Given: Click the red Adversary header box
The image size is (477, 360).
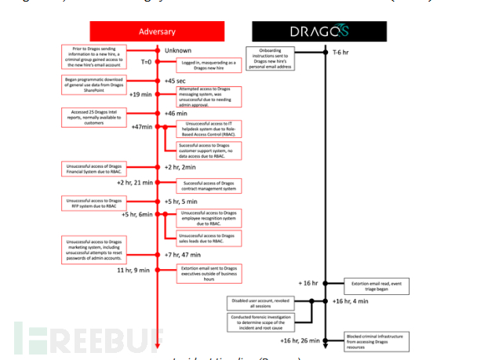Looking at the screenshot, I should pyautogui.click(x=157, y=31).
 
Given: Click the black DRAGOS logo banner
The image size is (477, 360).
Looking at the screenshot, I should pyautogui.click(x=319, y=31).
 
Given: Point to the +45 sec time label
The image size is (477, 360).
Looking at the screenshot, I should pyautogui.click(x=175, y=81).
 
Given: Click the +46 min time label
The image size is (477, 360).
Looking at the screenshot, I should pyautogui.click(x=176, y=115).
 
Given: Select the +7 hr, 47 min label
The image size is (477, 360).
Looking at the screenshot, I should pyautogui.click(x=180, y=254).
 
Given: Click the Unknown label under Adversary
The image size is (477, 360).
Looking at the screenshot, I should pyautogui.click(x=177, y=52).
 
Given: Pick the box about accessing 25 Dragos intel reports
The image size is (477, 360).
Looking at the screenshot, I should pyautogui.click(x=93, y=116).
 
